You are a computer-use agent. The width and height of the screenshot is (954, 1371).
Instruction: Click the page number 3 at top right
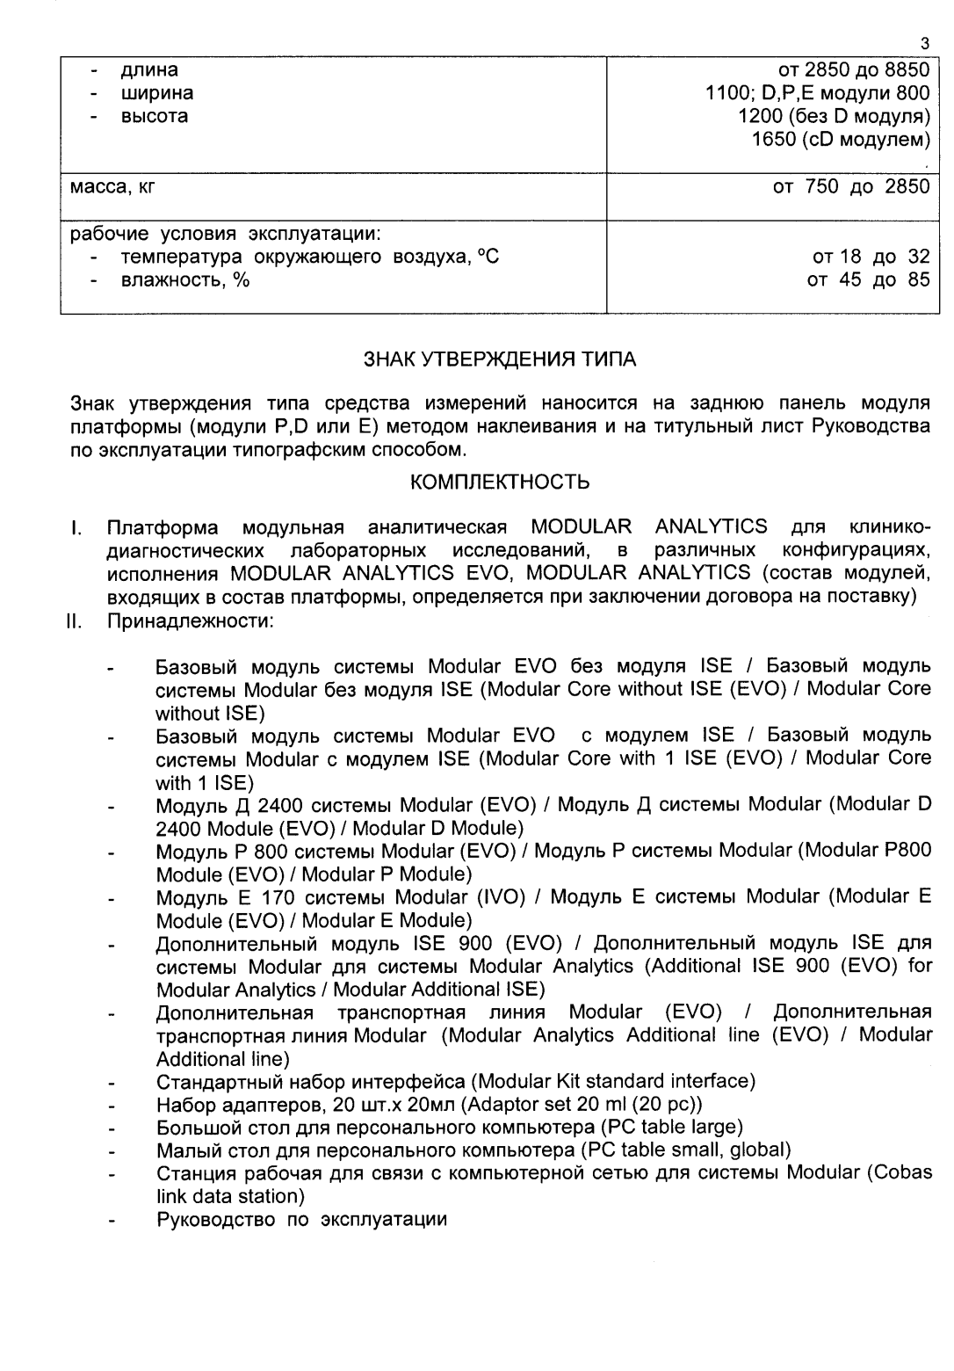(x=924, y=43)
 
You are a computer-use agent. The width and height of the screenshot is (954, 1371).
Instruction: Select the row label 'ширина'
(x=156, y=93)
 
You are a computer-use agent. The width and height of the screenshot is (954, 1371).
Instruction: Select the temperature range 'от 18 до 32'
(x=871, y=258)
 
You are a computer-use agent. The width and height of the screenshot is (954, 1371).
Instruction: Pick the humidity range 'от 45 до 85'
(x=871, y=281)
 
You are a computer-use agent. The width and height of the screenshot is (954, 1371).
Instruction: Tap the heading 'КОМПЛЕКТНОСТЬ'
(x=500, y=482)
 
